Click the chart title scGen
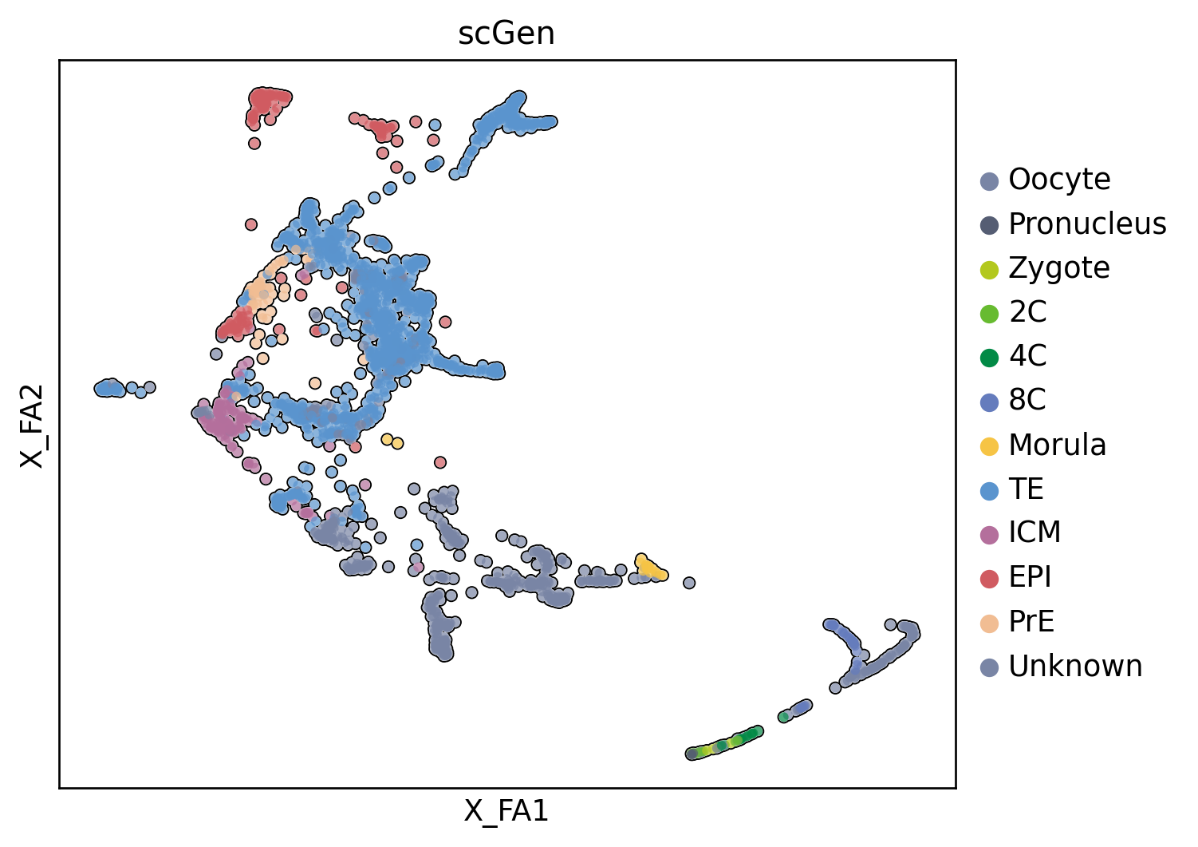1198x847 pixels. click(506, 34)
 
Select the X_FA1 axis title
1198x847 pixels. click(506, 811)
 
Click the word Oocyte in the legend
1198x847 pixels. click(1059, 180)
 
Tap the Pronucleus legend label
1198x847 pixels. click(1087, 224)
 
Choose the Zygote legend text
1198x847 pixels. click(1059, 268)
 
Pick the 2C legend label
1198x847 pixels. click(1027, 312)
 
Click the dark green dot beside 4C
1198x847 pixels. click(990, 357)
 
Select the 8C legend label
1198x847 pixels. click(1027, 400)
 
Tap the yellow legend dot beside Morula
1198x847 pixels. click(990, 445)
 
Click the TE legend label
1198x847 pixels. click(1026, 489)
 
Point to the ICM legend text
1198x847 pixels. click(1034, 532)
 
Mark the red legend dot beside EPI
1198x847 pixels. click(990, 578)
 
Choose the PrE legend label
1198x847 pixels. click(1031, 622)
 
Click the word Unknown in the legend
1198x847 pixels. click(1075, 667)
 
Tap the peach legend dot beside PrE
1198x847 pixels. click(990, 623)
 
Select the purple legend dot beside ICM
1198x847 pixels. click(990, 534)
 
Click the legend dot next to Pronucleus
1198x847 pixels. click(990, 225)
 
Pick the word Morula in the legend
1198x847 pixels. click(1057, 445)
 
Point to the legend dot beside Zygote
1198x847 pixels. click(990, 269)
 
